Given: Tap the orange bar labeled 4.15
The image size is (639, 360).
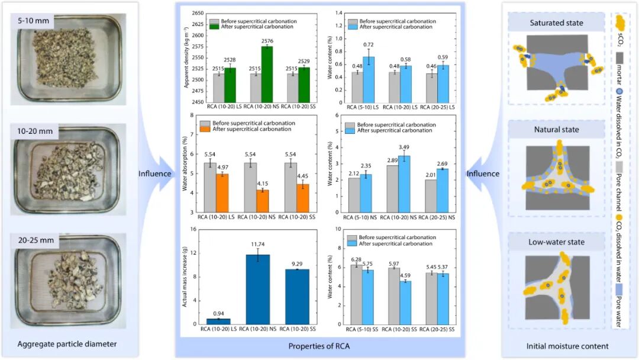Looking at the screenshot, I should [262, 201].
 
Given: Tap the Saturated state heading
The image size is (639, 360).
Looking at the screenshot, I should [557, 23].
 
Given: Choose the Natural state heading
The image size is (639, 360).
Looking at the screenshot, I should [557, 129].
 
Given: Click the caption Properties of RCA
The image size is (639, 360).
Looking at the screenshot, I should [319, 345].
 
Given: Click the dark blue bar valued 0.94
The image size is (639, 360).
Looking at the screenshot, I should [218, 321].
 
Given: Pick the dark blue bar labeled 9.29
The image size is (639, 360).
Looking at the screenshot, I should [297, 297].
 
